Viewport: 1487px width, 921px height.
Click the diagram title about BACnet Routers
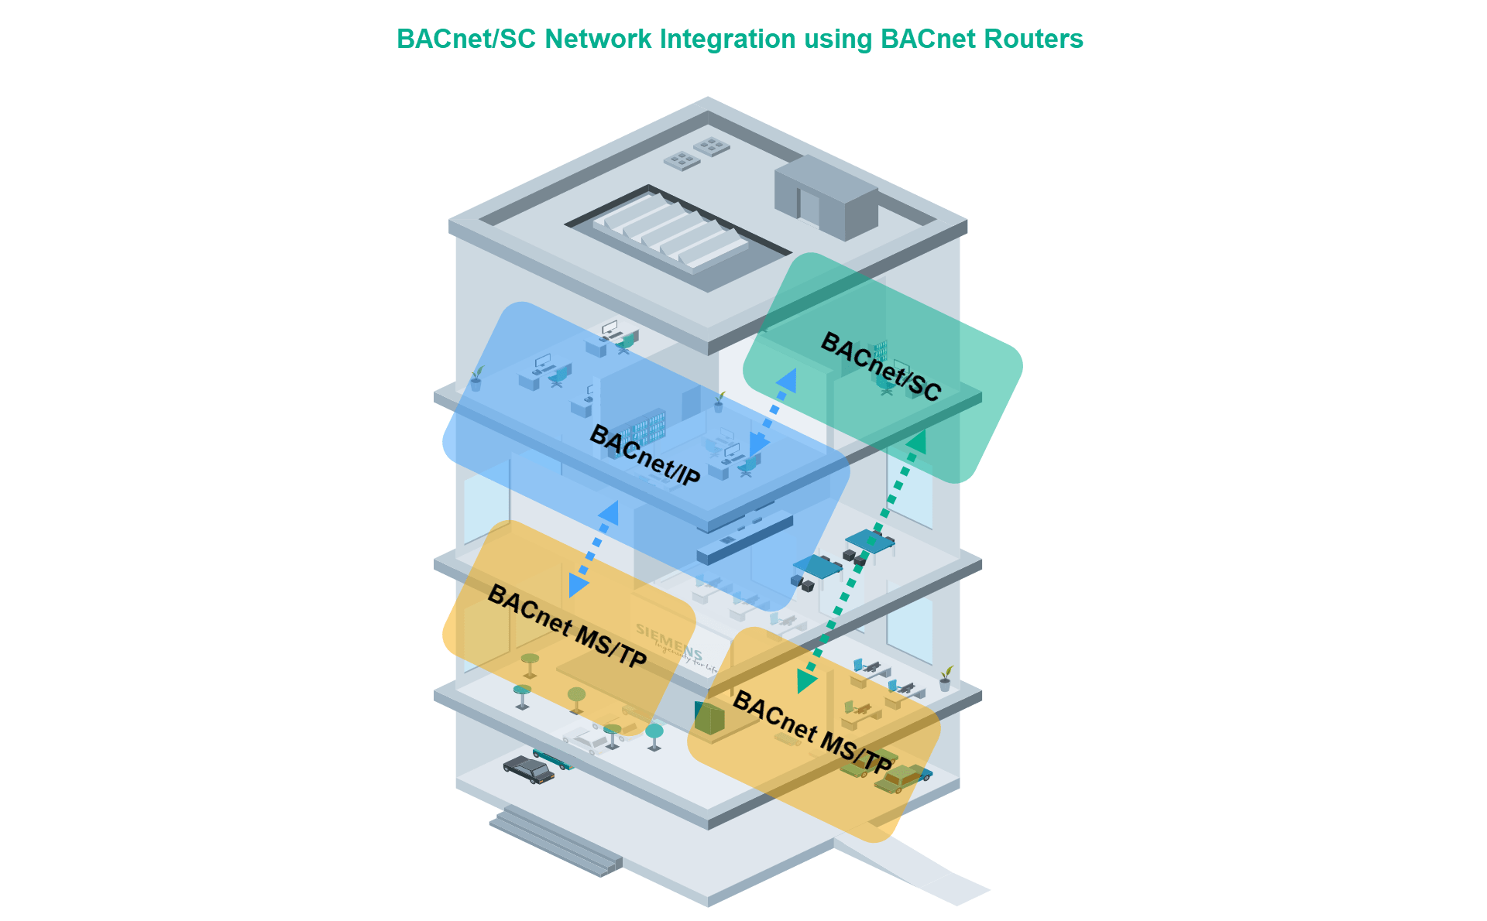(x=740, y=39)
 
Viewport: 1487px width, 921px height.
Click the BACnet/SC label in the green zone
(x=881, y=367)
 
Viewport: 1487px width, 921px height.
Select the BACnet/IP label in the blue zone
(x=644, y=455)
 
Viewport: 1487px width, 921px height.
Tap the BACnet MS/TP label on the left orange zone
(x=566, y=626)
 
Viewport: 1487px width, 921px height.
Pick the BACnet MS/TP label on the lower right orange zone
(x=812, y=731)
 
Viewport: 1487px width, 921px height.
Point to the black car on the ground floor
(x=528, y=770)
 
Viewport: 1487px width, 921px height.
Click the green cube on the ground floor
(x=709, y=718)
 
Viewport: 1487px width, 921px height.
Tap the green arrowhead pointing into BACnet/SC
(x=917, y=441)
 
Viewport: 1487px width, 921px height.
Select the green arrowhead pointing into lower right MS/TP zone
(x=805, y=681)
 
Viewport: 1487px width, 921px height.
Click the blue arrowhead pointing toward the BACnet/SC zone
(x=786, y=381)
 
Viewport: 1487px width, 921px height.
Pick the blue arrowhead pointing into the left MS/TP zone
(x=577, y=584)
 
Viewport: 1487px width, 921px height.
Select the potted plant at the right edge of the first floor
(x=945, y=679)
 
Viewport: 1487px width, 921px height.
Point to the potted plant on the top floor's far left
(x=476, y=379)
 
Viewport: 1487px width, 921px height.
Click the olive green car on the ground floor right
(x=895, y=778)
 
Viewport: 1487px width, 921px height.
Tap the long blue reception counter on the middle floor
(x=744, y=537)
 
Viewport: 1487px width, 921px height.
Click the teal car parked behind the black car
(x=552, y=758)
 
